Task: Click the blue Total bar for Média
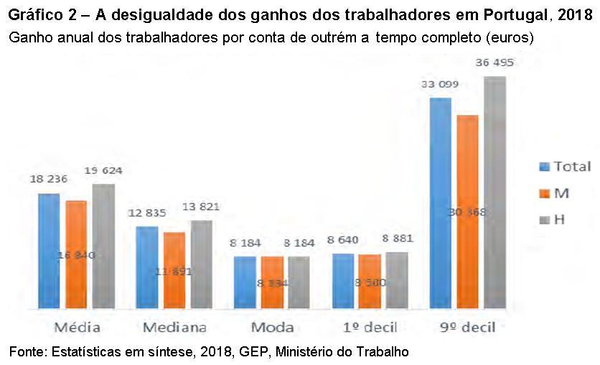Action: click(49, 251)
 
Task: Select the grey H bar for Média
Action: click(103, 246)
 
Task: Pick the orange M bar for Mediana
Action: click(174, 271)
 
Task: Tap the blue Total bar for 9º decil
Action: click(440, 203)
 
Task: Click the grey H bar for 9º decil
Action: click(494, 193)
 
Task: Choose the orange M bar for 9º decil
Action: click(467, 212)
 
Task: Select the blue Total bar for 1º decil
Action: click(344, 282)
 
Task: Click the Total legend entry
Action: click(565, 167)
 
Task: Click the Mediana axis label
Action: click(174, 327)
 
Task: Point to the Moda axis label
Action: click(272, 327)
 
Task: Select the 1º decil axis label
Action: click(370, 327)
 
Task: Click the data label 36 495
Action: click(494, 63)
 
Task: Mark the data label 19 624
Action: click(103, 171)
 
